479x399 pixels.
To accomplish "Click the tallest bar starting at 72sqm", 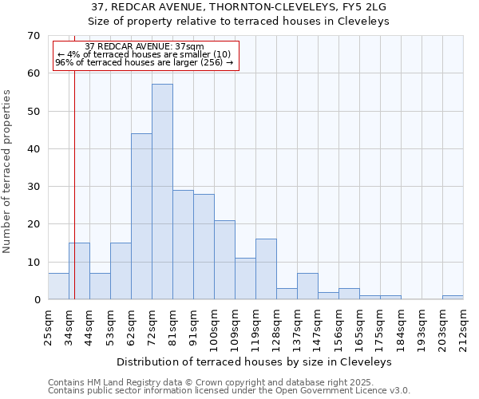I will click(162, 192).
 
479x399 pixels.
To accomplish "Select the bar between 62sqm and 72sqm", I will click(141, 216).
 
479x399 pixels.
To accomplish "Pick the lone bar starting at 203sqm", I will click(453, 298).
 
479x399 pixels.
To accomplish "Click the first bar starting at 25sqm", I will click(58, 286).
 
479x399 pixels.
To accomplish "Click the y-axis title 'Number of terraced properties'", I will click(7, 172).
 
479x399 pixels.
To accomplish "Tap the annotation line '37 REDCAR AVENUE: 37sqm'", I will click(144, 47).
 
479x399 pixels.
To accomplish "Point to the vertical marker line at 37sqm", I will click(74, 199).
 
